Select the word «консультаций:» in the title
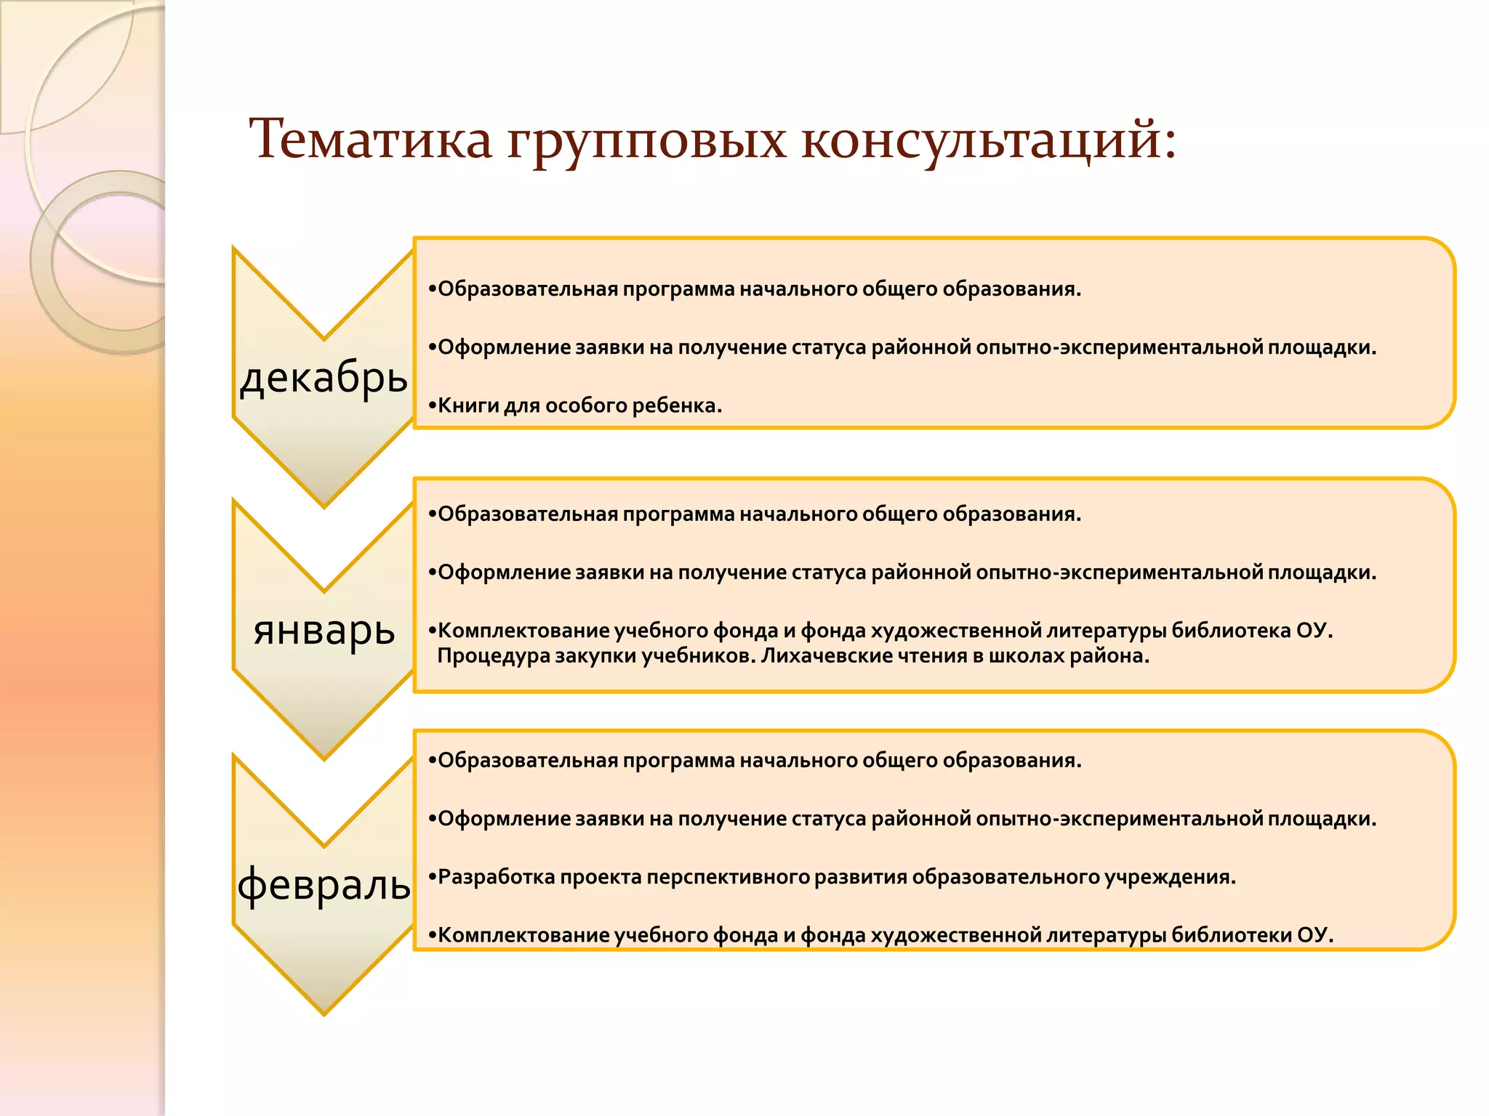pos(989,139)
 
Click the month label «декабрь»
pos(324,378)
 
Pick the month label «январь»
pos(324,630)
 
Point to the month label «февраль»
pos(324,884)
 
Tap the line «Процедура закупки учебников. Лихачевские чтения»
pos(792,656)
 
